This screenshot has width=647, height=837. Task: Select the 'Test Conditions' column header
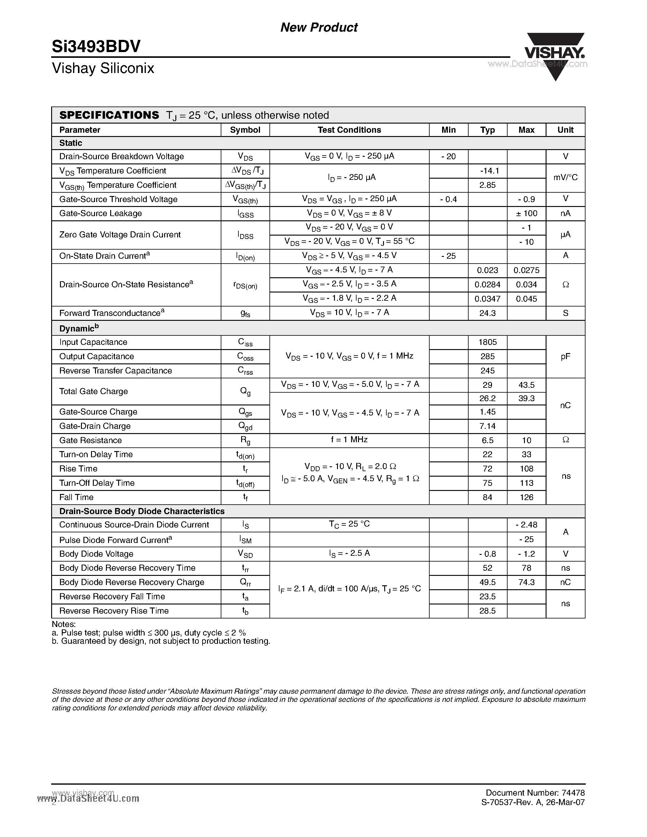pyautogui.click(x=349, y=130)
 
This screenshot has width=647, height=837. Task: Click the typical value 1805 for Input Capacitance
pyautogui.click(x=487, y=342)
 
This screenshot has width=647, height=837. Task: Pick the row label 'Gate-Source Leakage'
pyautogui.click(x=100, y=213)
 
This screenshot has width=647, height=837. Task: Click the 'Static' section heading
pyautogui.click(x=71, y=143)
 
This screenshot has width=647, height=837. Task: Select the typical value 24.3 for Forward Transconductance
pyautogui.click(x=487, y=313)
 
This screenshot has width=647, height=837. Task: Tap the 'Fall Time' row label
pyautogui.click(x=76, y=497)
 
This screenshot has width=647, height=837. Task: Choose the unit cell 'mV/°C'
pyautogui.click(x=565, y=177)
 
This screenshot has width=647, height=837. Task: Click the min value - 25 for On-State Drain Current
pyautogui.click(x=448, y=256)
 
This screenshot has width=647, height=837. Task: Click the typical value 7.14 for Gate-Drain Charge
pyautogui.click(x=487, y=426)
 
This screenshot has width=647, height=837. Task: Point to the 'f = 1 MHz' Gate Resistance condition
pyautogui.click(x=349, y=440)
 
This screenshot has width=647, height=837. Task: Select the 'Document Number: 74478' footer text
pyautogui.click(x=535, y=793)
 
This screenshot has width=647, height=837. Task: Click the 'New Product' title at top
pyautogui.click(x=319, y=27)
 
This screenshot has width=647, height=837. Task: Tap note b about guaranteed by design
pyautogui.click(x=161, y=641)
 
